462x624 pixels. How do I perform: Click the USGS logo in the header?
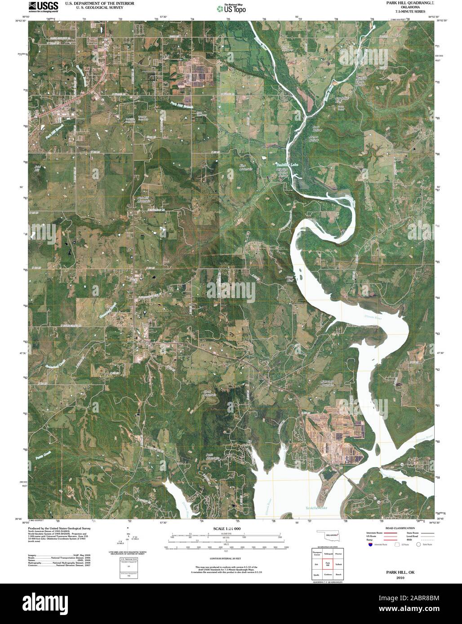pyautogui.click(x=43, y=6)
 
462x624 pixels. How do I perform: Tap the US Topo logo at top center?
pyautogui.click(x=231, y=8)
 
